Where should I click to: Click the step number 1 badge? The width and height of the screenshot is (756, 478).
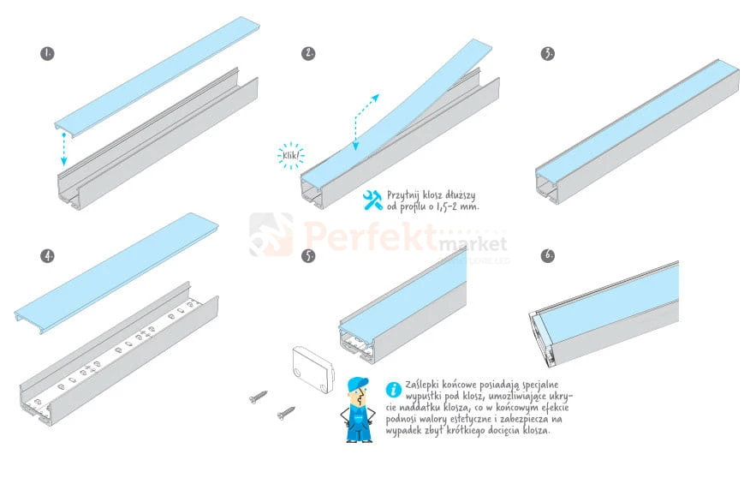tap(47, 53)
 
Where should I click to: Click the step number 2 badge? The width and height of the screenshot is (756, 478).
tap(308, 53)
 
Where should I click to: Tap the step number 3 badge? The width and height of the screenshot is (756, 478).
tap(547, 53)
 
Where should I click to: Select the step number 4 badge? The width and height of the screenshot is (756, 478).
tap(47, 255)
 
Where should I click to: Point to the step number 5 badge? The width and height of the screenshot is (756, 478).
tap(308, 255)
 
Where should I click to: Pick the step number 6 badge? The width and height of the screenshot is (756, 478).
tap(547, 255)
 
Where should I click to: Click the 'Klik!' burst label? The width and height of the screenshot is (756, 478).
tap(291, 155)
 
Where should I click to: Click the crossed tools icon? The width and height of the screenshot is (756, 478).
tap(372, 200)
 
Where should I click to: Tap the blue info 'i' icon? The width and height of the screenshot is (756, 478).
tap(394, 389)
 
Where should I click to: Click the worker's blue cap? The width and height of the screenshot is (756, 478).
tap(357, 383)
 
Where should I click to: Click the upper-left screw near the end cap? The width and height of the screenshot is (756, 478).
tap(259, 397)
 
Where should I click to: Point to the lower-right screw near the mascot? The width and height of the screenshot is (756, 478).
tap(287, 413)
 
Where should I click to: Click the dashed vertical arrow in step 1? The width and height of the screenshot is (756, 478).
tap(63, 150)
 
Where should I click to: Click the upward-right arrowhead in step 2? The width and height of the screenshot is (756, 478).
tap(375, 98)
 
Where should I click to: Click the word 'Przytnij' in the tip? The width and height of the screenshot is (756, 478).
tap(403, 195)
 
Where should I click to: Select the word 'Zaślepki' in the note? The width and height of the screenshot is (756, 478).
tap(423, 385)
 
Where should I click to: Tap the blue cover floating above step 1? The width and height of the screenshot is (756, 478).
tap(158, 77)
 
